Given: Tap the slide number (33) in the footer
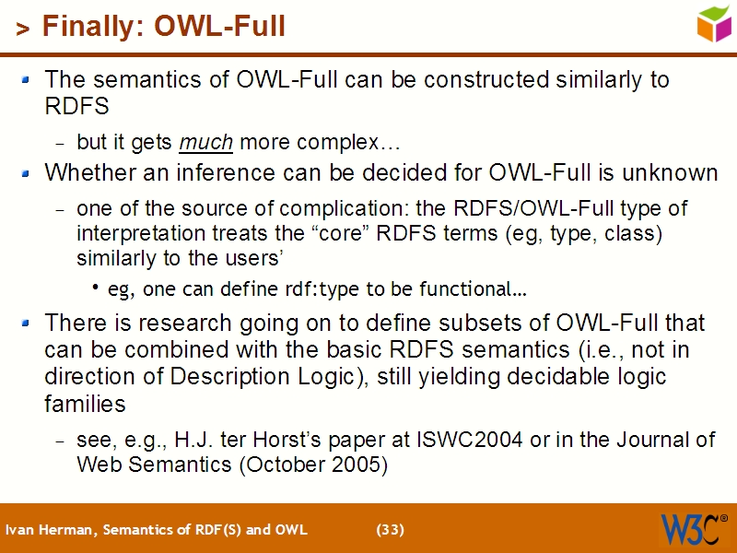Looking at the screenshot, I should click(x=391, y=530).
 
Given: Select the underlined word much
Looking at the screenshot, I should click(x=205, y=143).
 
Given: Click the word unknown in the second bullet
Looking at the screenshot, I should click(x=671, y=172).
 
